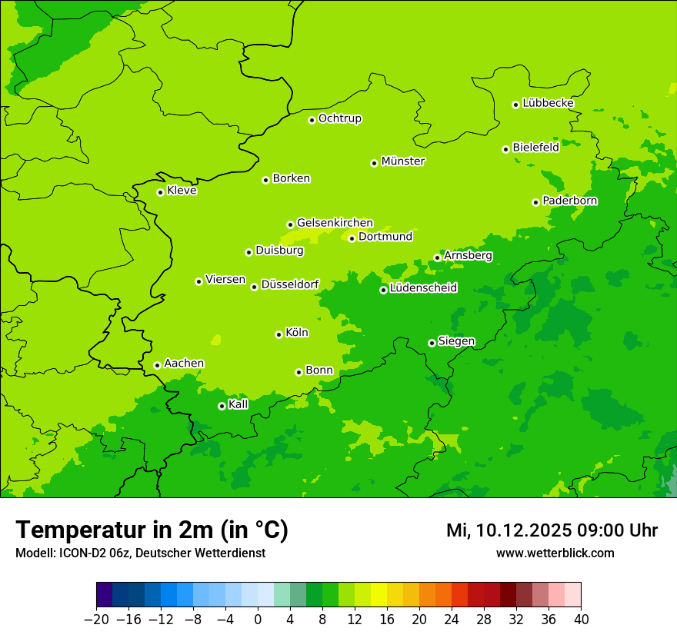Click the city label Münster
[403, 161]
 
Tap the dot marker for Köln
[278, 334]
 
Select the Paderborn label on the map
[570, 201]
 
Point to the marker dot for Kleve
[160, 192]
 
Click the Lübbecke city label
[548, 103]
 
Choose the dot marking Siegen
[432, 343]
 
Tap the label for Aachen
[184, 364]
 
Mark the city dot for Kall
[222, 406]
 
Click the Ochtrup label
[340, 118]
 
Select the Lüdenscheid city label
[423, 288]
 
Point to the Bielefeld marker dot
[505, 149]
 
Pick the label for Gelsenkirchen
[335, 223]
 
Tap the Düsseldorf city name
[290, 284]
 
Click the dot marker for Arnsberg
[437, 258]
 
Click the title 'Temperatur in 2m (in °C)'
[152, 530]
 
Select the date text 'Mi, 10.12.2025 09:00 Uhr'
[552, 530]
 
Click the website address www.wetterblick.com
[555, 553]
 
